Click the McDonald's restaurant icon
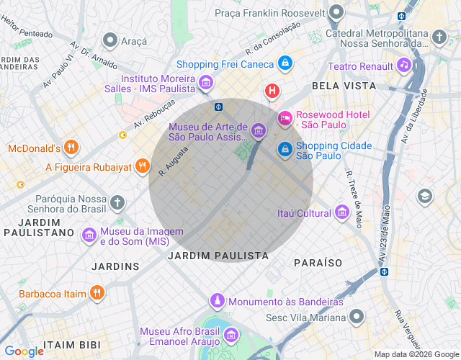[70, 148]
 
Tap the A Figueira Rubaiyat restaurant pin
[143, 167]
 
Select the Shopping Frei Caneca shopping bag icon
[286, 63]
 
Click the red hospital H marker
[272, 91]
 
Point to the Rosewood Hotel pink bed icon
[285, 118]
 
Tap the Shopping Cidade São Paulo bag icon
[285, 149]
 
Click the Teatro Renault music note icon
[404, 66]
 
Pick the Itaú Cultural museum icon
[343, 212]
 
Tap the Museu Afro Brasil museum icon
[231, 335]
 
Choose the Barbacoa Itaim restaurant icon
[97, 293]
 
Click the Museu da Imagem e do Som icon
[89, 235]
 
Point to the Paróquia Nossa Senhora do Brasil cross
[118, 203]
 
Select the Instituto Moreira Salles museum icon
[207, 83]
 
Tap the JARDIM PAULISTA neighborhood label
[218, 256]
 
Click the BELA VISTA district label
[344, 86]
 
